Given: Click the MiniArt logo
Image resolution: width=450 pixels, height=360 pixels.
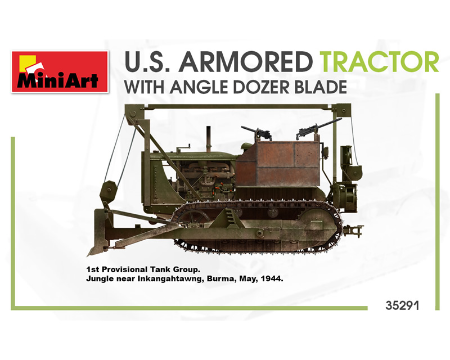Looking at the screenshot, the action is click(60, 72).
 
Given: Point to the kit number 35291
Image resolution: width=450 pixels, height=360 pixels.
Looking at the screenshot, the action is click(402, 305).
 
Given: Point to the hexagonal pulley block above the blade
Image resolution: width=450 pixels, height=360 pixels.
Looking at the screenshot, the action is click(109, 191).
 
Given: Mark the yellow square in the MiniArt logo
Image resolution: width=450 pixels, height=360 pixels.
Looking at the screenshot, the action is click(27, 63).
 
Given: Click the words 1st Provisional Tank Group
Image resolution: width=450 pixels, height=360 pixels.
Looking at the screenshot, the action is click(143, 269).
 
